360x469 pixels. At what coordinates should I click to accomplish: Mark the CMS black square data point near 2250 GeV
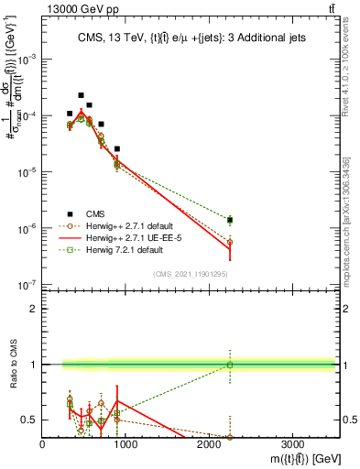click(230, 220)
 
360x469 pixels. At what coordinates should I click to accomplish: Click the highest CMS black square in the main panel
click(81, 95)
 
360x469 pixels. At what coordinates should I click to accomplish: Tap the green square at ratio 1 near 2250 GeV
click(230, 365)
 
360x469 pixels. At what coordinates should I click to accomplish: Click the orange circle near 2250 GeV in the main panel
click(230, 242)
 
